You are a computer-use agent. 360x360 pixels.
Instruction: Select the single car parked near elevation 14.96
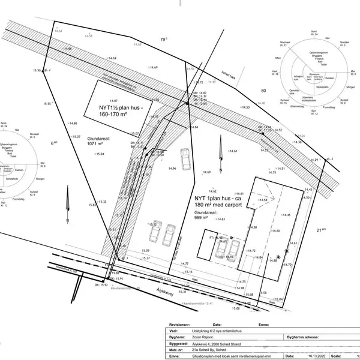(x=185, y=160)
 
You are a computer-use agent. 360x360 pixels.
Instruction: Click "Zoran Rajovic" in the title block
(x=204, y=338)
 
